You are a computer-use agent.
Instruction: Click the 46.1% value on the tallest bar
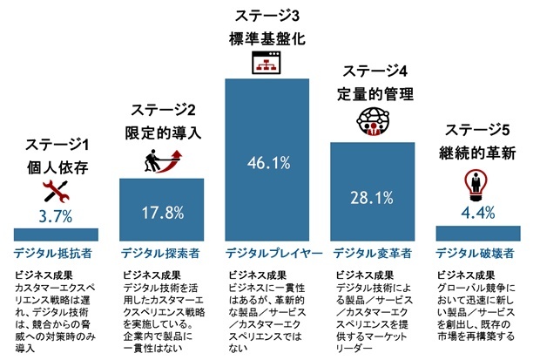pos(268,162)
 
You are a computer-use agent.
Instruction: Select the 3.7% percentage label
pos(56,214)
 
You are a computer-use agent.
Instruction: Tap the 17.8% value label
pos(162,212)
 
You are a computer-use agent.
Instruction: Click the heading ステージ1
pos(56,143)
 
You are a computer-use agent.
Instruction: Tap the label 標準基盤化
pos(268,38)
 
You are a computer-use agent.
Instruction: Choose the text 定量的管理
pos(376,92)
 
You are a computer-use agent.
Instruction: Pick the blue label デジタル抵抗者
pos(55,254)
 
